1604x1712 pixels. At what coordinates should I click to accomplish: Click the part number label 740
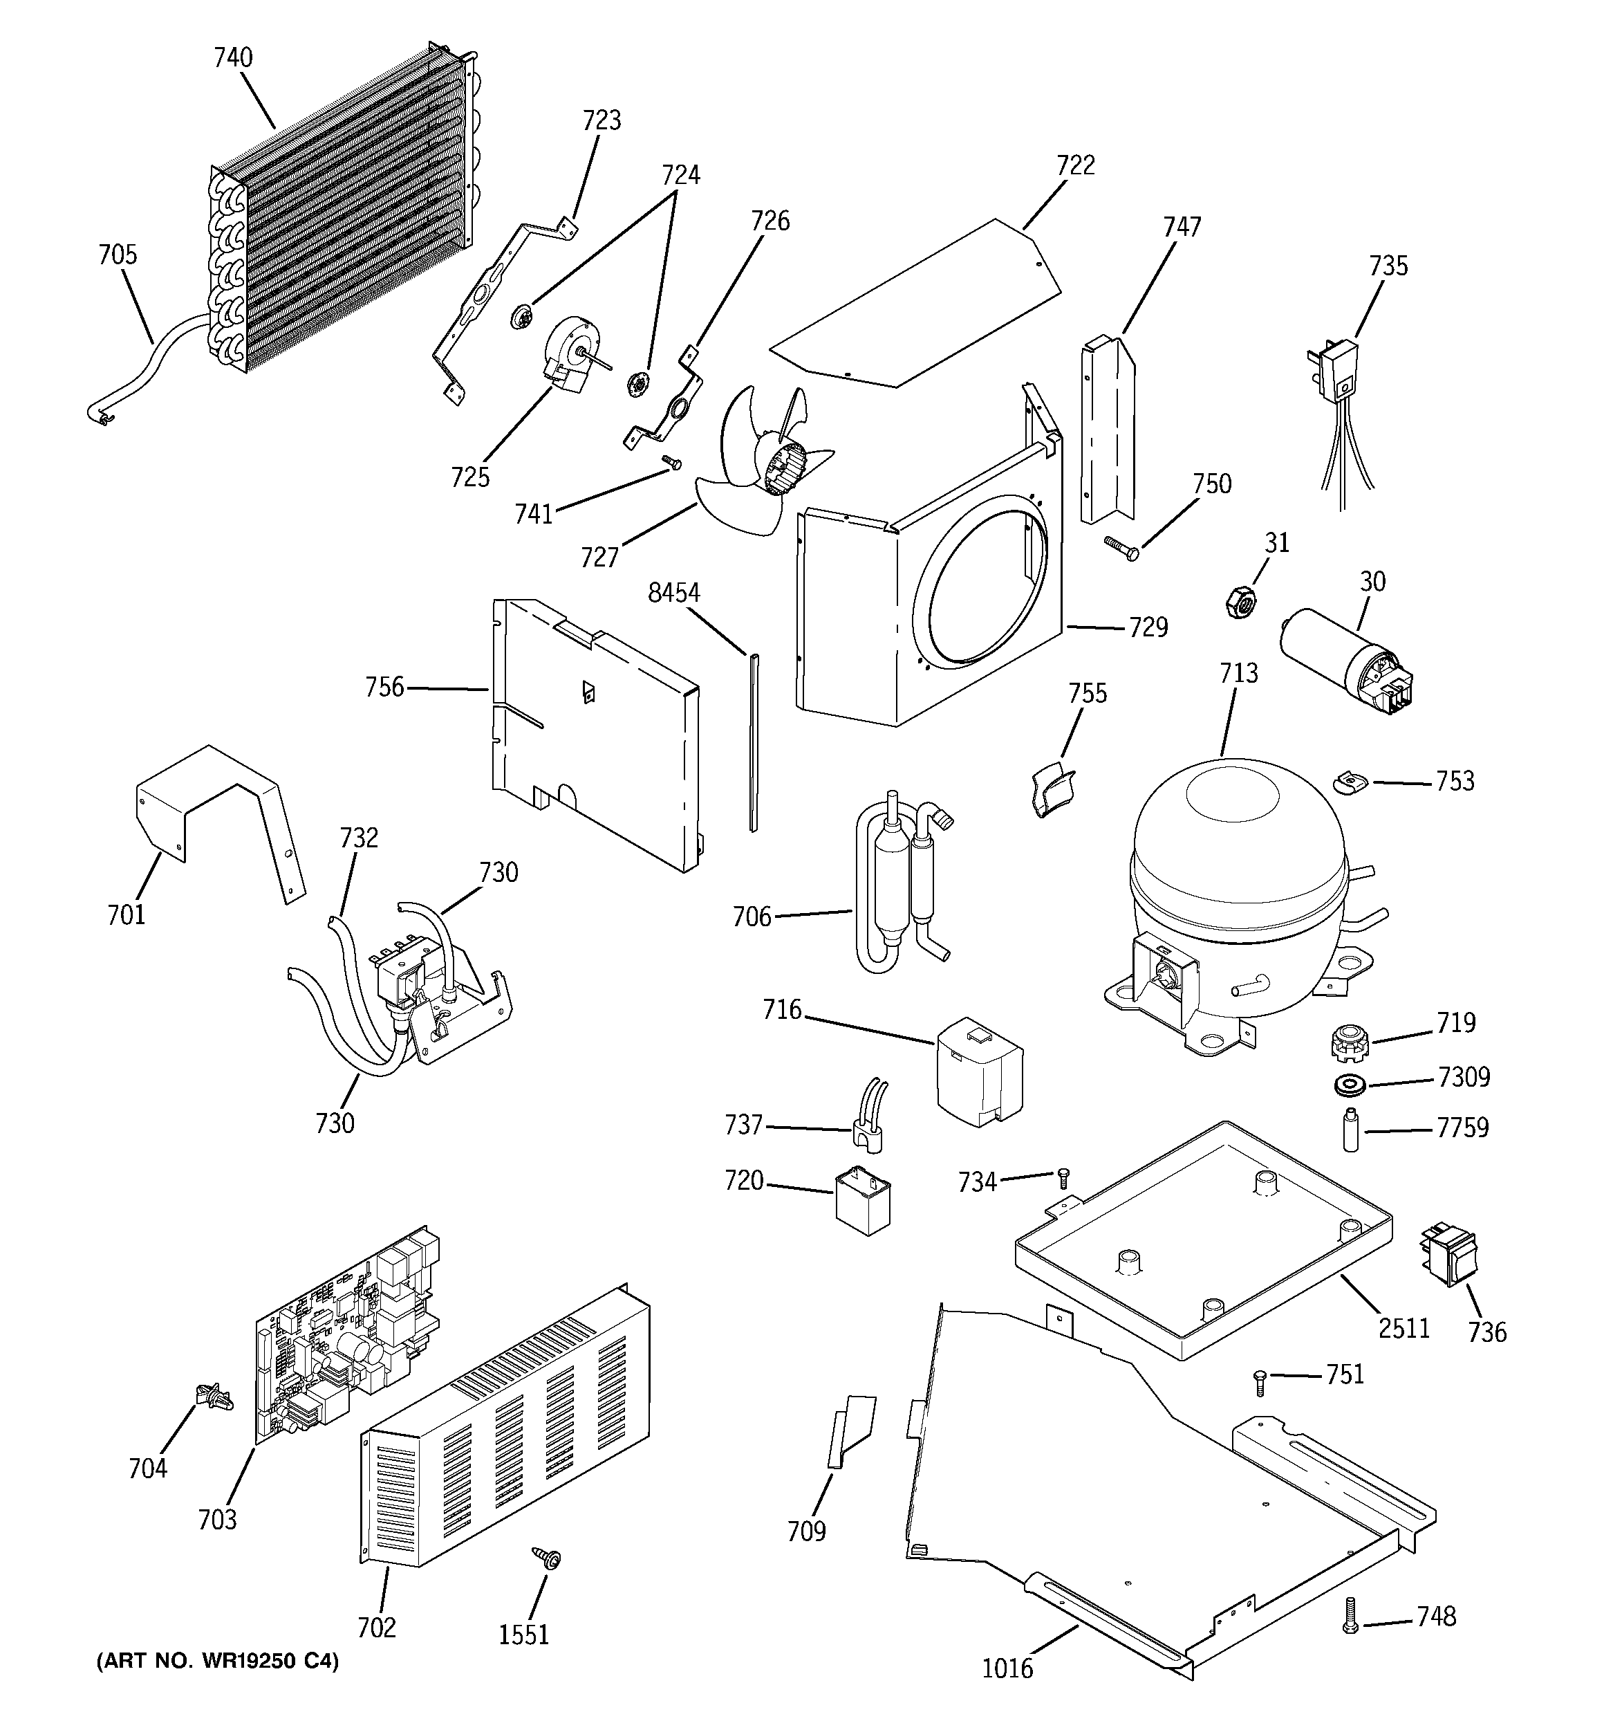(x=233, y=59)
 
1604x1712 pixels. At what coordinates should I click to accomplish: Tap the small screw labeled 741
(x=671, y=463)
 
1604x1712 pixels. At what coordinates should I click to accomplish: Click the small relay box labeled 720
(x=863, y=1200)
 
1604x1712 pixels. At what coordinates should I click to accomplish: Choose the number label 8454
(x=674, y=593)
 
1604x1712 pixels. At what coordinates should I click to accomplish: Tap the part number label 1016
(x=1007, y=1669)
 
